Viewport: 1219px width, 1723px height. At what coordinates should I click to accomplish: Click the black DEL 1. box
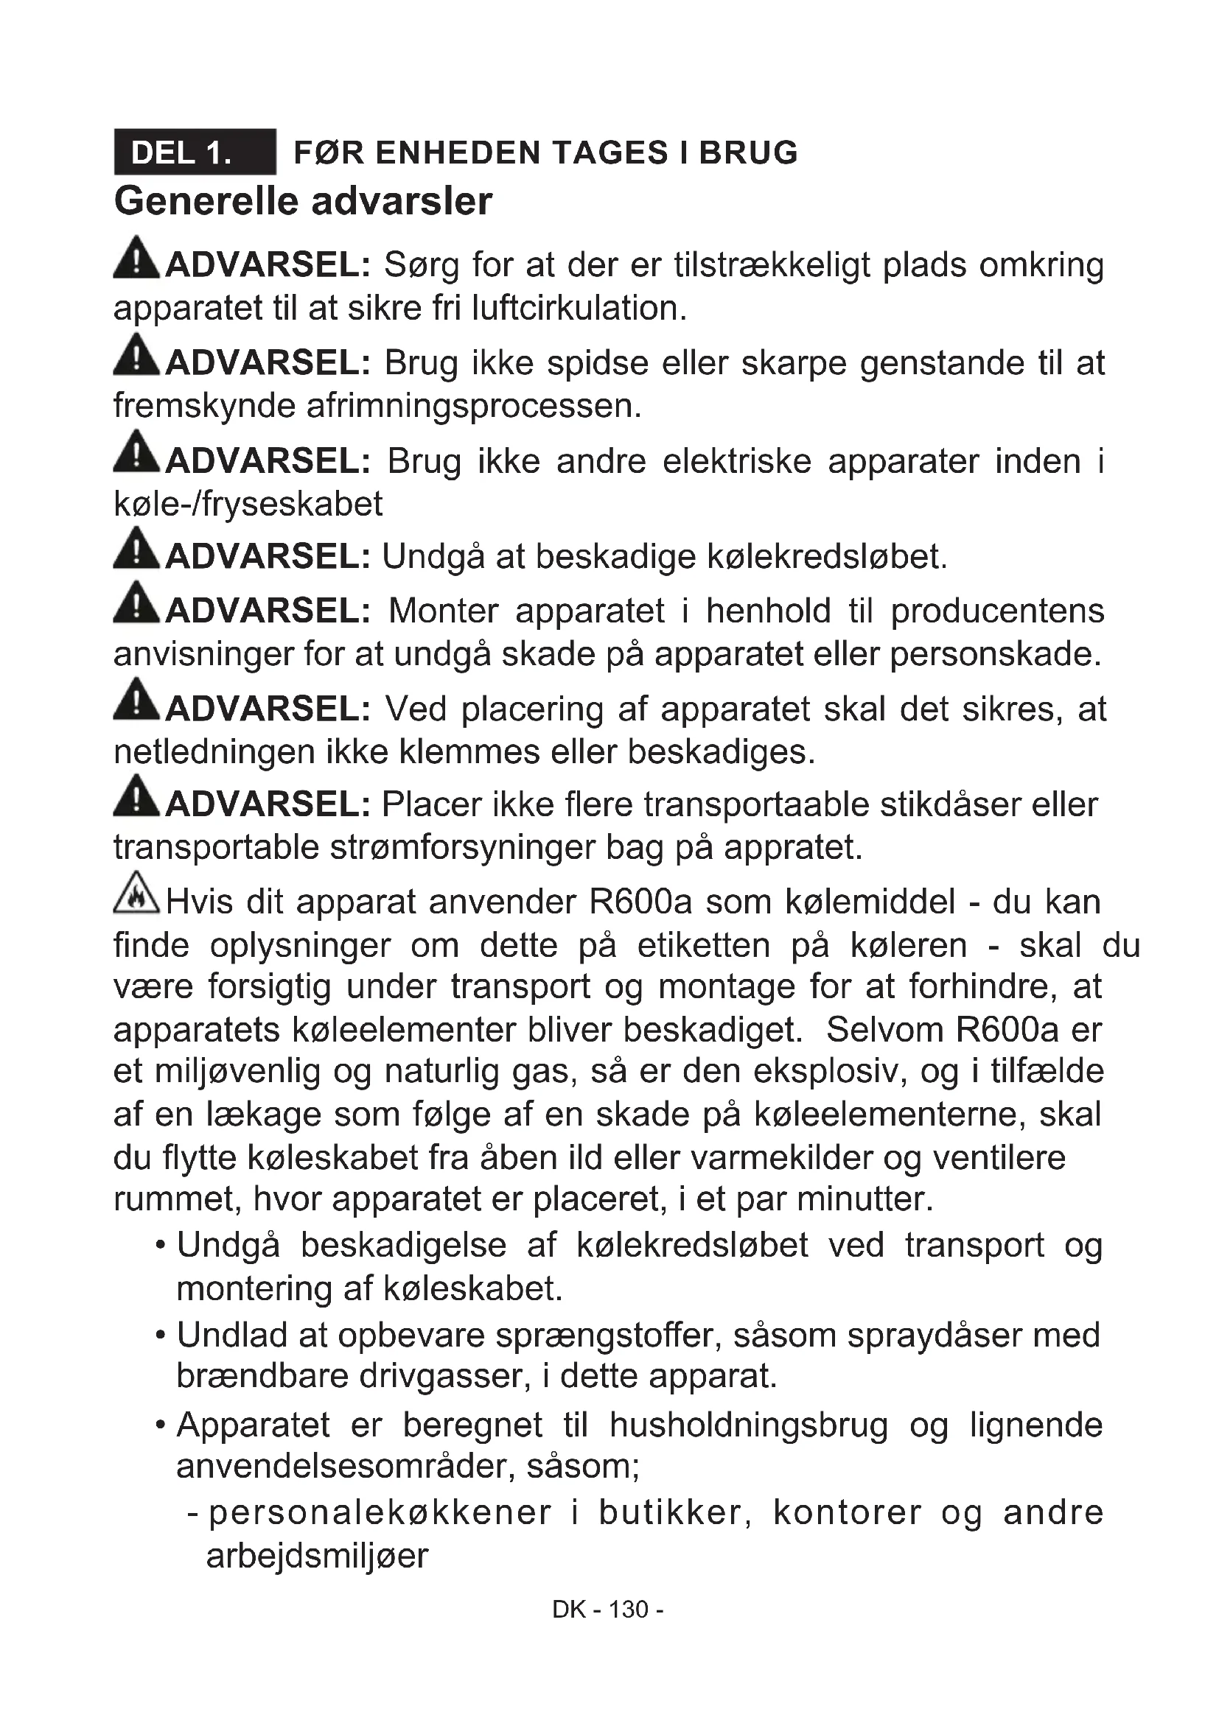tap(195, 152)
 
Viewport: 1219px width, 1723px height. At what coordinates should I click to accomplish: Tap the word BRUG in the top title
tap(748, 152)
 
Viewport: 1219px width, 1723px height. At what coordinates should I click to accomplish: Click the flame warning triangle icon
tap(136, 893)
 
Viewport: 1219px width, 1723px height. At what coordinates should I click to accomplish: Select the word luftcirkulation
tap(579, 308)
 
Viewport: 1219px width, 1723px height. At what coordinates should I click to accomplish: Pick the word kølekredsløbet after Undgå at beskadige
tap(827, 557)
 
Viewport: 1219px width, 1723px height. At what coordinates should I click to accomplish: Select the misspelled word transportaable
tap(757, 804)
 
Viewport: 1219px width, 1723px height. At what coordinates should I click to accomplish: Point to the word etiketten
tap(703, 946)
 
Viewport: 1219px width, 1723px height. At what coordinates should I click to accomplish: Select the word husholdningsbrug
tap(748, 1425)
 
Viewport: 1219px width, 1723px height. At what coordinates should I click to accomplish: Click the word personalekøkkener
tap(380, 1513)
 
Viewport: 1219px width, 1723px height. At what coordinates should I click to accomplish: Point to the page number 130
tap(628, 1610)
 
